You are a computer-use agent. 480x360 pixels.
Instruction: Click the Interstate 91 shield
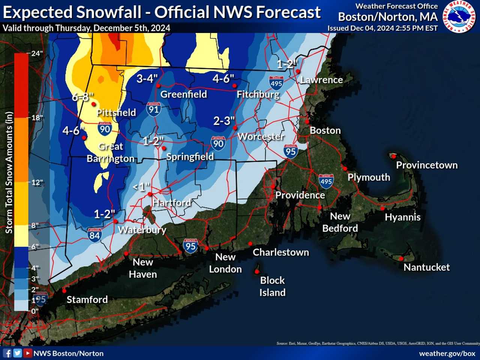point(154,109)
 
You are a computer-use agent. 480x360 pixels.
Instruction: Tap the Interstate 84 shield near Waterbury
point(94,234)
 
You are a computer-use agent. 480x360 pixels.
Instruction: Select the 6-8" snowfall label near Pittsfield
point(82,97)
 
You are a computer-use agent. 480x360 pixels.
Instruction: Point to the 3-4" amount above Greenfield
point(147,78)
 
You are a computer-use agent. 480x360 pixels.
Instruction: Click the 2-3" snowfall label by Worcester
point(224,121)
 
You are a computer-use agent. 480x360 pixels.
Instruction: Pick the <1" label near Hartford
point(141,186)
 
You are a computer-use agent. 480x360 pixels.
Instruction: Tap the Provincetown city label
point(427,165)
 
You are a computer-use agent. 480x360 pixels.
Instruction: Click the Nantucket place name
point(426,267)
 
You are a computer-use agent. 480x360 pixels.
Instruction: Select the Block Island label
point(272,286)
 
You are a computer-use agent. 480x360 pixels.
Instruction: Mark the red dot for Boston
point(307,121)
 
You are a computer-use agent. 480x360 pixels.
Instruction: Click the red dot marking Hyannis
point(382,208)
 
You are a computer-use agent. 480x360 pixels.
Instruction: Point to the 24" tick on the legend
point(37,53)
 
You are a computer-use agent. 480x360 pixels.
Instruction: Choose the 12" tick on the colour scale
point(37,182)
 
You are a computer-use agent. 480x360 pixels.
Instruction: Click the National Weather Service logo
point(459,16)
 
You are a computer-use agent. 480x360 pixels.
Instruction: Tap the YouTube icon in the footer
point(27,353)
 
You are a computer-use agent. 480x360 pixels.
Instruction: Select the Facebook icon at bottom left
point(7,353)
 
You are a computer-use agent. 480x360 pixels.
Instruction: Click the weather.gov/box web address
point(447,353)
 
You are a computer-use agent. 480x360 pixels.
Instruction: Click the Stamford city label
point(87,299)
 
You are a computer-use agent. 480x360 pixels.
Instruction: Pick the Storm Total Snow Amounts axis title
point(9,172)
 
